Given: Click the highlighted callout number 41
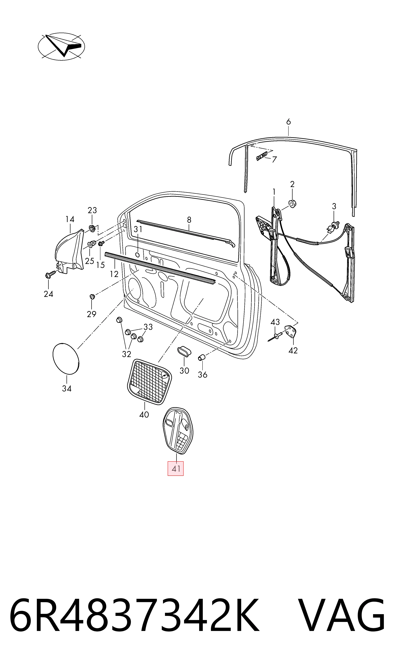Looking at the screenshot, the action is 176,468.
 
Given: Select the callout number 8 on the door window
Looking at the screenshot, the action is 189,220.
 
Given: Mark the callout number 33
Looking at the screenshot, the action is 148,327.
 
